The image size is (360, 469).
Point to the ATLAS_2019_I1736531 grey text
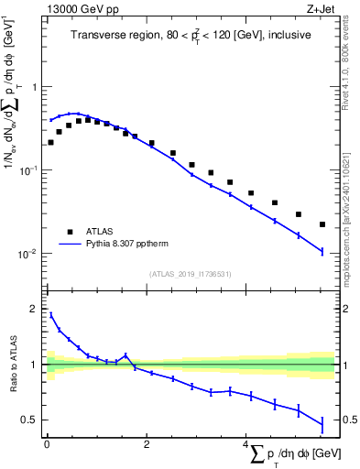click(190, 273)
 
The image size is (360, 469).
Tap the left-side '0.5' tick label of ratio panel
click(31, 420)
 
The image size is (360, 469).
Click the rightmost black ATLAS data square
click(322, 224)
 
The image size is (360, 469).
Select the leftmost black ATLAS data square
click(50, 142)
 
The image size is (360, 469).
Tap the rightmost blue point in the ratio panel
click(322, 424)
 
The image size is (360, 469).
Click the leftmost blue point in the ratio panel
click(50, 315)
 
